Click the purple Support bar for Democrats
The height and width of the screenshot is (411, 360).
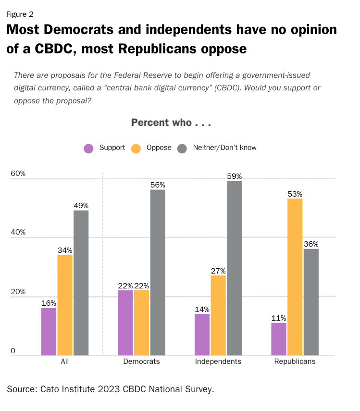point(125,323)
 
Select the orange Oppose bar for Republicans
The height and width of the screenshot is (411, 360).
point(295,277)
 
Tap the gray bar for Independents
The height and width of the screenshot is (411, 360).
point(234,268)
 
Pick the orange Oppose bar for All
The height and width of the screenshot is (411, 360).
point(65,305)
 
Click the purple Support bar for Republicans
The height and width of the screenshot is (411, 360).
point(279,339)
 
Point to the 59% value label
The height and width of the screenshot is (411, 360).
point(234,176)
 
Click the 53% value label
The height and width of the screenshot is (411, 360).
point(295,194)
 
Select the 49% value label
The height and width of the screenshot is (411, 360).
point(81,205)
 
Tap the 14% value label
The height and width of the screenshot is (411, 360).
point(202,310)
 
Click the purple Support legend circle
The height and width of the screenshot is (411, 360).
point(88,149)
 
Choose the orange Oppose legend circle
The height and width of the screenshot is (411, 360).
point(136,149)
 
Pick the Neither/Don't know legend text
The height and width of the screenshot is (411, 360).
point(224,148)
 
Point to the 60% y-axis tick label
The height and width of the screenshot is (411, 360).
point(18,174)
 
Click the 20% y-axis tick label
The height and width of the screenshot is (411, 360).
point(18,292)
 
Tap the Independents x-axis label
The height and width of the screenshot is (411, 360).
point(218,361)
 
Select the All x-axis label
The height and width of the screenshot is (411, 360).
point(64,361)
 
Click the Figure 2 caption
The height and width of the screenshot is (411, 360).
point(20,14)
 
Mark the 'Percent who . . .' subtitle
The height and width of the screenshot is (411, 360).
point(171,123)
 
